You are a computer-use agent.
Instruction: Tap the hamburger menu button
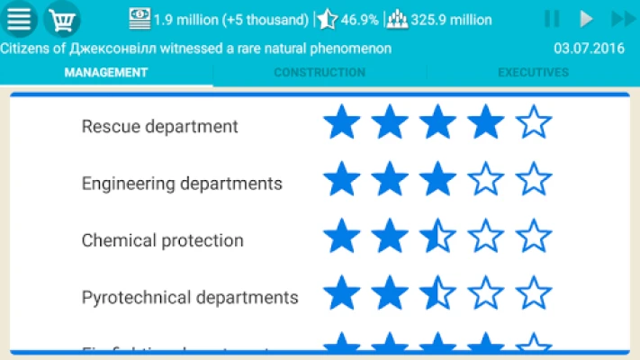pyautogui.click(x=19, y=19)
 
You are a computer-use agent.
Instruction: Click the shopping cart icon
pyautogui.click(x=61, y=19)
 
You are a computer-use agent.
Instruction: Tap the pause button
pyautogui.click(x=552, y=19)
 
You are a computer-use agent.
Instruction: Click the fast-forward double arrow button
pyautogui.click(x=623, y=19)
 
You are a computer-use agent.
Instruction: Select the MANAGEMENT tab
pyautogui.click(x=106, y=73)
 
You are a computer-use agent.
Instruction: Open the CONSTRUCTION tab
pyautogui.click(x=320, y=73)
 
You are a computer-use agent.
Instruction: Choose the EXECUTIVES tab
pyautogui.click(x=533, y=73)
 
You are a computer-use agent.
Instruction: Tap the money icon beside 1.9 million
pyautogui.click(x=140, y=18)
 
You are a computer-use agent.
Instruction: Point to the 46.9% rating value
pyautogui.click(x=360, y=19)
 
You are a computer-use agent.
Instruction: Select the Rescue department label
pyautogui.click(x=160, y=127)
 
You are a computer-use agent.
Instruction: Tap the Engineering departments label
pyautogui.click(x=182, y=184)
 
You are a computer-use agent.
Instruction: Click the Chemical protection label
pyautogui.click(x=163, y=240)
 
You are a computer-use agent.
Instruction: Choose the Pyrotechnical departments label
pyautogui.click(x=190, y=297)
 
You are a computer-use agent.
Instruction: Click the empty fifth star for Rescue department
pyautogui.click(x=534, y=122)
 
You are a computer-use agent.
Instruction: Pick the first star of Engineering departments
pyautogui.click(x=342, y=179)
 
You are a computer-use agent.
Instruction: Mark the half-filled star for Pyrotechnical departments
pyautogui.click(x=438, y=293)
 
